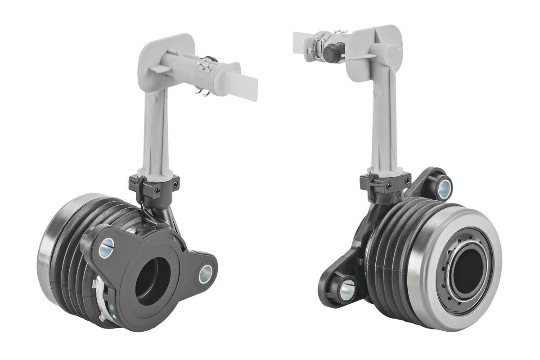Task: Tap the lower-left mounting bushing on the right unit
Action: (x=347, y=285)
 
